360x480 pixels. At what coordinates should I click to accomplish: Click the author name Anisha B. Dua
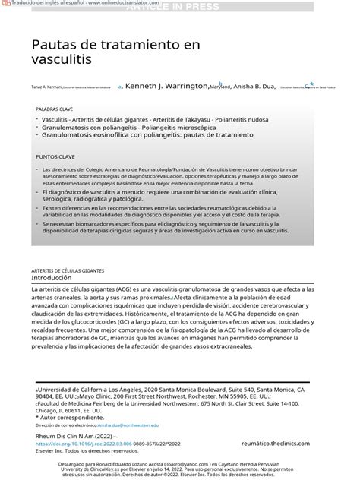click(x=257, y=87)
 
